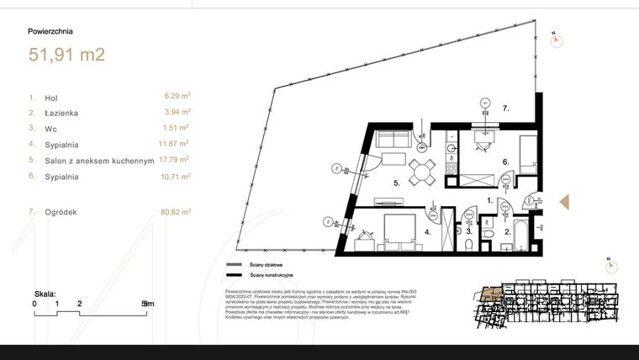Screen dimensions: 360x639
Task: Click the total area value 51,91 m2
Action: click(66, 56)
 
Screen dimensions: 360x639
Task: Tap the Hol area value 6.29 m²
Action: click(177, 97)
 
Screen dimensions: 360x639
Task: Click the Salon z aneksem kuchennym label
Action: click(98, 160)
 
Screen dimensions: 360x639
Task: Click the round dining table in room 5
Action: click(421, 172)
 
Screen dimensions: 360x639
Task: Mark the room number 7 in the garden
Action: click(505, 109)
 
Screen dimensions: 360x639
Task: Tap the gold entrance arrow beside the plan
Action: click(565, 202)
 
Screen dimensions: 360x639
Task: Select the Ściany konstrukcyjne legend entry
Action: click(269, 274)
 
